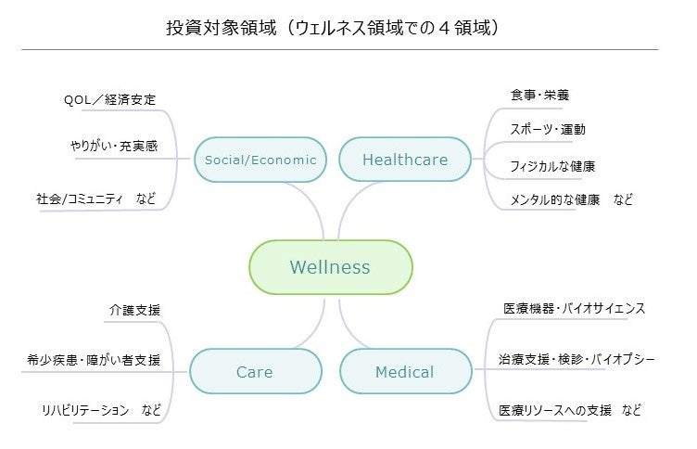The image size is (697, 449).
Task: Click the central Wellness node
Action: pos(330,267)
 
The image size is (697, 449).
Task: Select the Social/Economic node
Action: pos(260,160)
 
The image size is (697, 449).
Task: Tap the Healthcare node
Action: pos(405,160)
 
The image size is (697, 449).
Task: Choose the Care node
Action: pos(254,372)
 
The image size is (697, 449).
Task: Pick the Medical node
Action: pos(404,372)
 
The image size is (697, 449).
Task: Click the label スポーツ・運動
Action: pos(547,130)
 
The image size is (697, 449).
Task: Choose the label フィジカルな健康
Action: pos(552,166)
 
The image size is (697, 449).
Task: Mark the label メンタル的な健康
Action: pos(555,199)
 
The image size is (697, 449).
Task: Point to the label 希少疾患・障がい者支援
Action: pos(94,360)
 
